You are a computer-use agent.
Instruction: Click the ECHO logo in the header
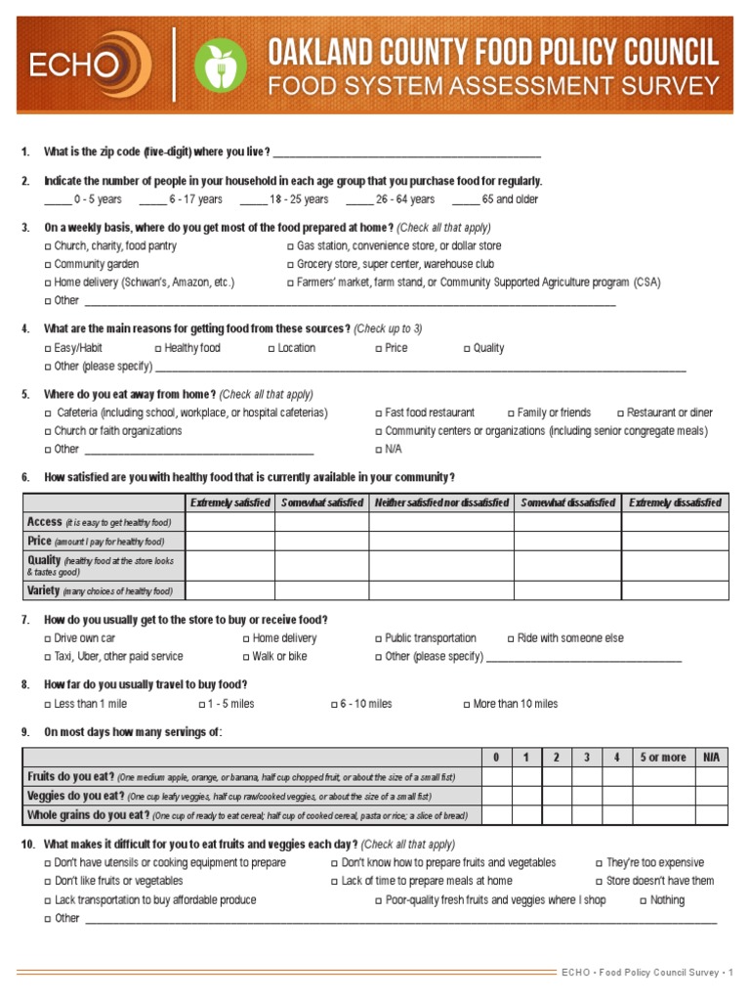(x=89, y=65)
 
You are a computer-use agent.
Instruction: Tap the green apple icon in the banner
(x=221, y=65)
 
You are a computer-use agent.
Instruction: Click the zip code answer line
(x=406, y=153)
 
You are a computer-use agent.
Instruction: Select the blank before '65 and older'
(x=465, y=199)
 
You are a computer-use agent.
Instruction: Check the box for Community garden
(x=48, y=265)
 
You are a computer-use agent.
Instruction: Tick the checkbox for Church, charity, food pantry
(x=48, y=247)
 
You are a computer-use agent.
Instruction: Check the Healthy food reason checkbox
(x=158, y=349)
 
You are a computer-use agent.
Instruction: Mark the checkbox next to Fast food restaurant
(x=379, y=413)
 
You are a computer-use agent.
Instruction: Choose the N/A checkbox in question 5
(x=379, y=450)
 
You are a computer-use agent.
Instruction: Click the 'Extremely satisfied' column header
(x=229, y=502)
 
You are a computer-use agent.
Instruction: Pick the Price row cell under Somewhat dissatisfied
(x=567, y=541)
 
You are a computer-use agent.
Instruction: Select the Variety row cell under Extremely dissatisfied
(x=675, y=590)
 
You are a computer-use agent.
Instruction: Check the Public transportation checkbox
(x=379, y=639)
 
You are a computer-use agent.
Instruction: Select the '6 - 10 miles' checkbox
(x=334, y=705)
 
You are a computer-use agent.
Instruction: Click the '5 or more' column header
(x=662, y=758)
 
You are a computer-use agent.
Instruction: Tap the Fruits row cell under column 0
(x=496, y=777)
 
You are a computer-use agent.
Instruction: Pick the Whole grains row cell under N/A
(x=710, y=815)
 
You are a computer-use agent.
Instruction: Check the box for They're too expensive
(x=600, y=864)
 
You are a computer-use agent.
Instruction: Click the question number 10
(x=28, y=845)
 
